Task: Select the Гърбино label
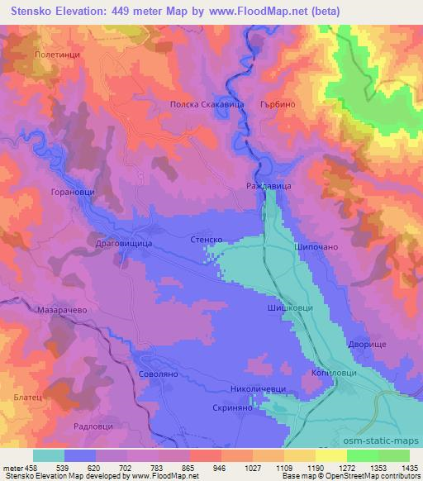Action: [x=277, y=106]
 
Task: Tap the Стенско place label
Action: [x=208, y=239]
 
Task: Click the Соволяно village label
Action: [x=157, y=374]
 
